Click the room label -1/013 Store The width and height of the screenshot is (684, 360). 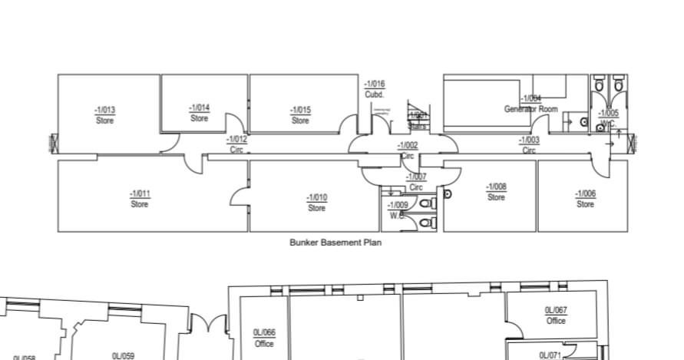[105, 115]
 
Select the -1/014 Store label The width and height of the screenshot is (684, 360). [200, 114]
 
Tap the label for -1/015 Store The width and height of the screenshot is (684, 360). [300, 115]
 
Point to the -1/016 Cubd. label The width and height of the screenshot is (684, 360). [375, 88]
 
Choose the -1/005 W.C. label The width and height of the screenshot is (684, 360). [608, 118]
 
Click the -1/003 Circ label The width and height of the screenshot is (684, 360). [529, 145]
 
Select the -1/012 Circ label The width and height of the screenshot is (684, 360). [237, 144]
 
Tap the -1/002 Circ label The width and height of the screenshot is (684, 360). [408, 150]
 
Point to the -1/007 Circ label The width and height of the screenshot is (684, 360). [416, 182]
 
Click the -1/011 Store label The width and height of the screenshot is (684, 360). [140, 199]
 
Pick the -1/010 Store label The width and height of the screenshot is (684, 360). [316, 203]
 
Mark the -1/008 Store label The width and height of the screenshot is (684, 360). [496, 192]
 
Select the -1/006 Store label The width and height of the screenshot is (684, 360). [585, 199]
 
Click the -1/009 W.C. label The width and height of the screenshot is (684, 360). [398, 210]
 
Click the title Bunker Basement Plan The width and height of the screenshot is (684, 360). [335, 243]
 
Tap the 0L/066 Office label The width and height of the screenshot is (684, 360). [264, 338]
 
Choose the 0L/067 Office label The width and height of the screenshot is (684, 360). [556, 315]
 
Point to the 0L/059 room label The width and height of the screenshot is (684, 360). [123, 355]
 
